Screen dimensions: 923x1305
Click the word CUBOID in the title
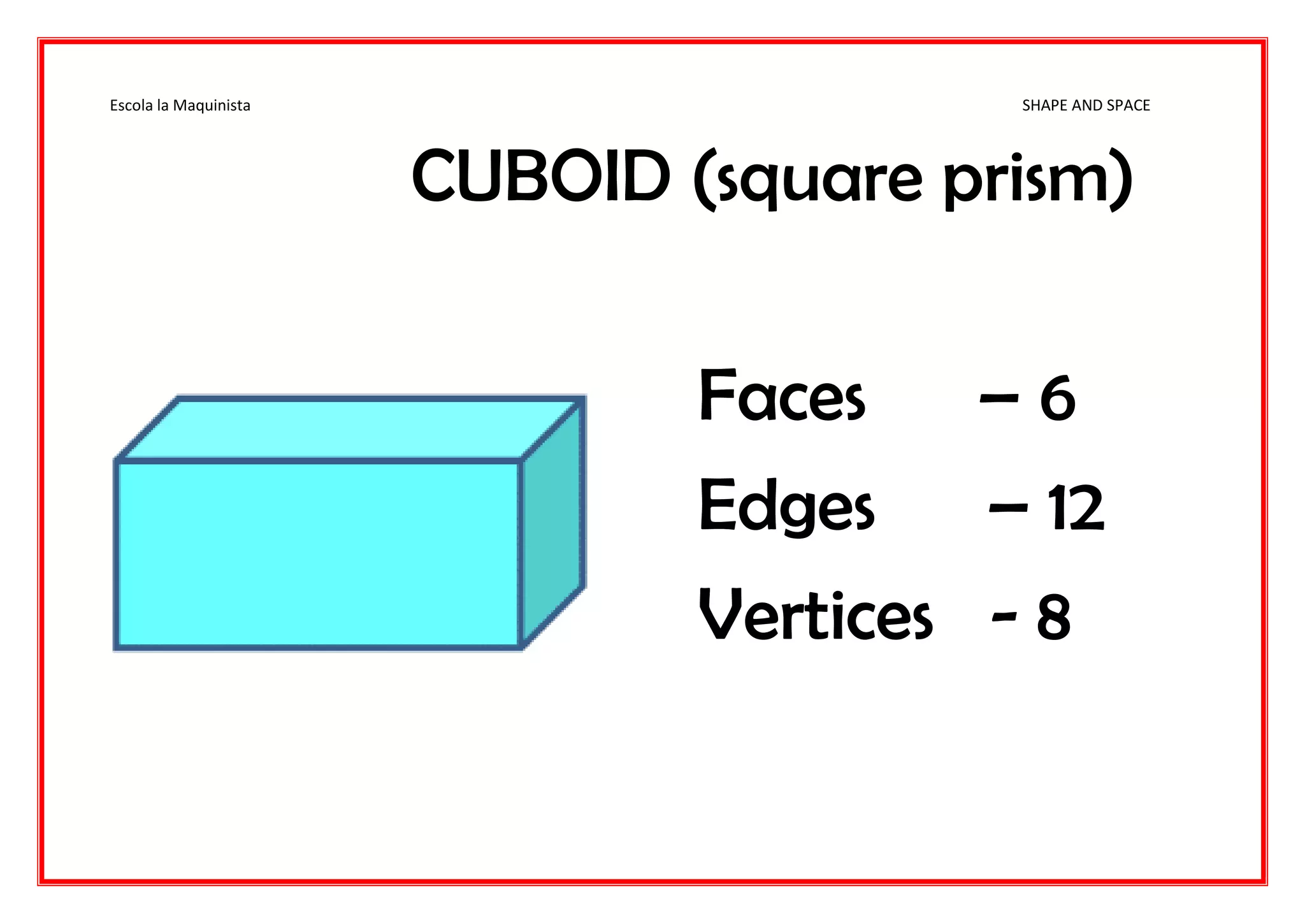(540, 176)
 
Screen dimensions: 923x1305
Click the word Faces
(782, 396)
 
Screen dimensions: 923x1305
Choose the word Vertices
(816, 616)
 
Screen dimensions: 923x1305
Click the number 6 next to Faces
(1057, 399)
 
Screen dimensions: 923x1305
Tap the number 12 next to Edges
(1076, 508)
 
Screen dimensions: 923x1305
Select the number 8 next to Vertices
(1053, 617)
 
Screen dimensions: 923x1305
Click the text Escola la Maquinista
(180, 105)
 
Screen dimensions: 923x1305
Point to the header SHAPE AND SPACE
(1086, 105)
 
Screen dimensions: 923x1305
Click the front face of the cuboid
(318, 554)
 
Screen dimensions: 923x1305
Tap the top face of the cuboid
(350, 428)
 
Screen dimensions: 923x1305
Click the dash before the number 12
(1008, 508)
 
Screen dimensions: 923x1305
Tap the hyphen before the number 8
(1004, 617)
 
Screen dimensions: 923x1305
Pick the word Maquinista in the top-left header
(212, 105)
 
